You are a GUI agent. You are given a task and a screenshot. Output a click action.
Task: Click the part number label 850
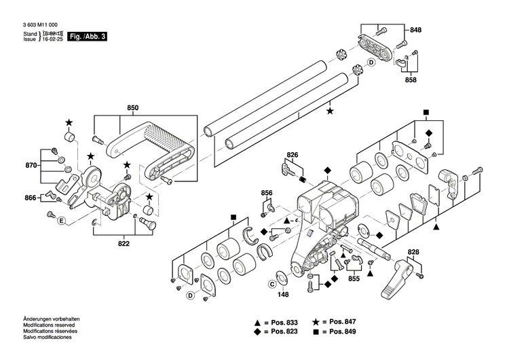coord(133,108)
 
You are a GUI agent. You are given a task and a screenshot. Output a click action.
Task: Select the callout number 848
coord(415,31)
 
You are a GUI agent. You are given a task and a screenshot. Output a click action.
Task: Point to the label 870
coord(31,165)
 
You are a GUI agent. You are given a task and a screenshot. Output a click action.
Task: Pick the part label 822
coord(124,243)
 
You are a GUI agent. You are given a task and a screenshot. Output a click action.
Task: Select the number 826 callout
coord(293,156)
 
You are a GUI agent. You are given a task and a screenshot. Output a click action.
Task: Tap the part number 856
coord(267,193)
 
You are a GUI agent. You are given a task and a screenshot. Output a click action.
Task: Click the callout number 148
coord(283,294)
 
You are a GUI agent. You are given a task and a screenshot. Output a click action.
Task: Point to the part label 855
coord(354,278)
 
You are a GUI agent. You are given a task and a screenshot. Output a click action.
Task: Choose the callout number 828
coord(413,253)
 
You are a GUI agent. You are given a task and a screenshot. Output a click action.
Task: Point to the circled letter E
coord(60,221)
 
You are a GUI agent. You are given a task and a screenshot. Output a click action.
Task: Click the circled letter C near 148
coord(271,284)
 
